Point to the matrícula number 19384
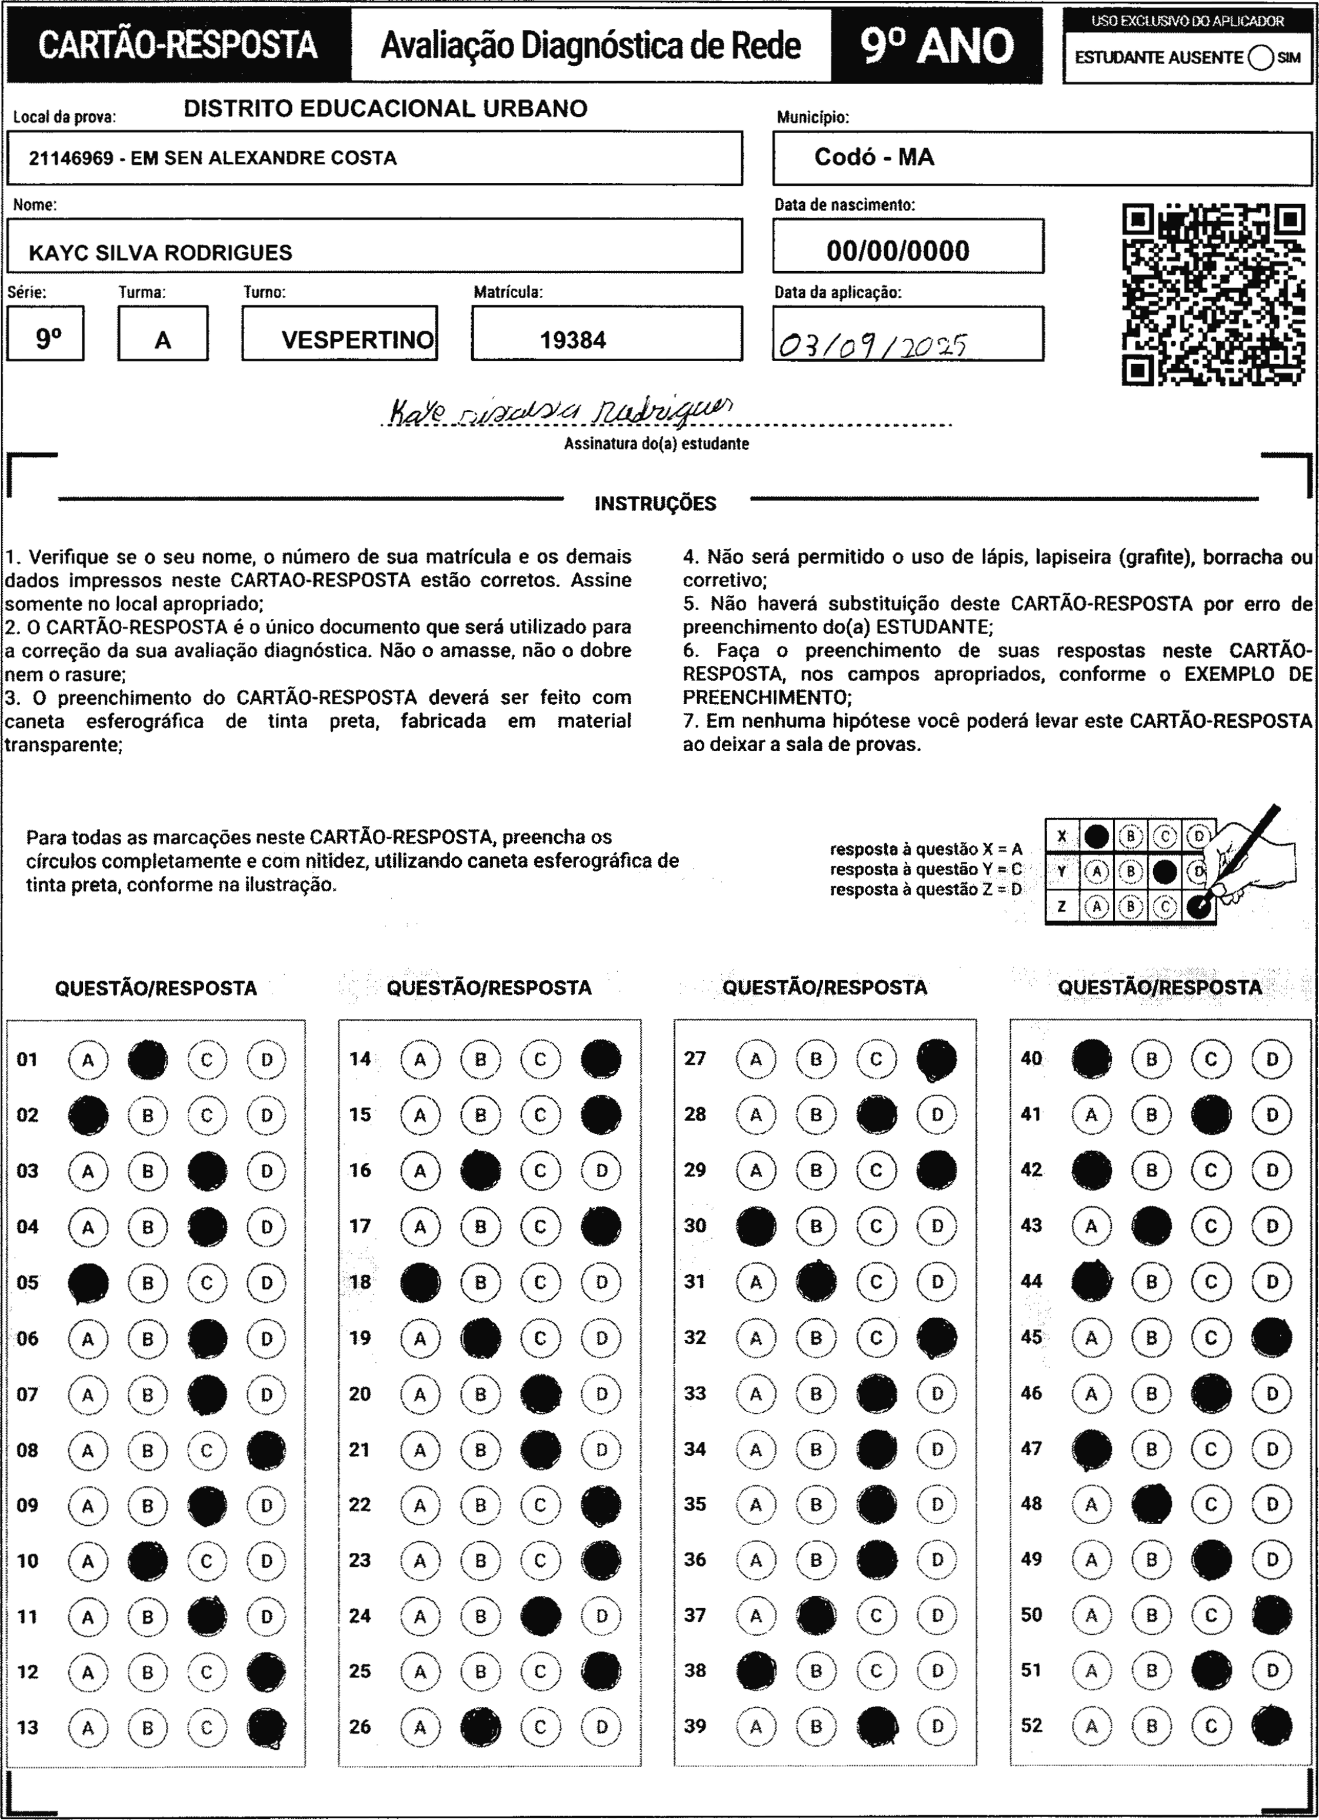tap(572, 340)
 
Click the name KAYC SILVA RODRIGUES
tap(161, 253)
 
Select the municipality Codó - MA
tap(874, 157)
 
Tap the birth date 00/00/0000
tap(898, 251)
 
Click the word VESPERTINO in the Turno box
tap(357, 340)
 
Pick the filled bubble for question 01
tap(148, 1059)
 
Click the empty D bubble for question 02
tap(267, 1115)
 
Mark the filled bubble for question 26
tap(480, 1726)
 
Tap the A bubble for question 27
tap(755, 1059)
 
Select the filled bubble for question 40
tap(1091, 1059)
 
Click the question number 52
tap(1031, 1725)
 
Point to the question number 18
tap(361, 1282)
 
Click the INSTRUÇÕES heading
tap(655, 504)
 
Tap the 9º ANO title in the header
tap(937, 46)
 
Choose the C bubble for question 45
tap(1211, 1338)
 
